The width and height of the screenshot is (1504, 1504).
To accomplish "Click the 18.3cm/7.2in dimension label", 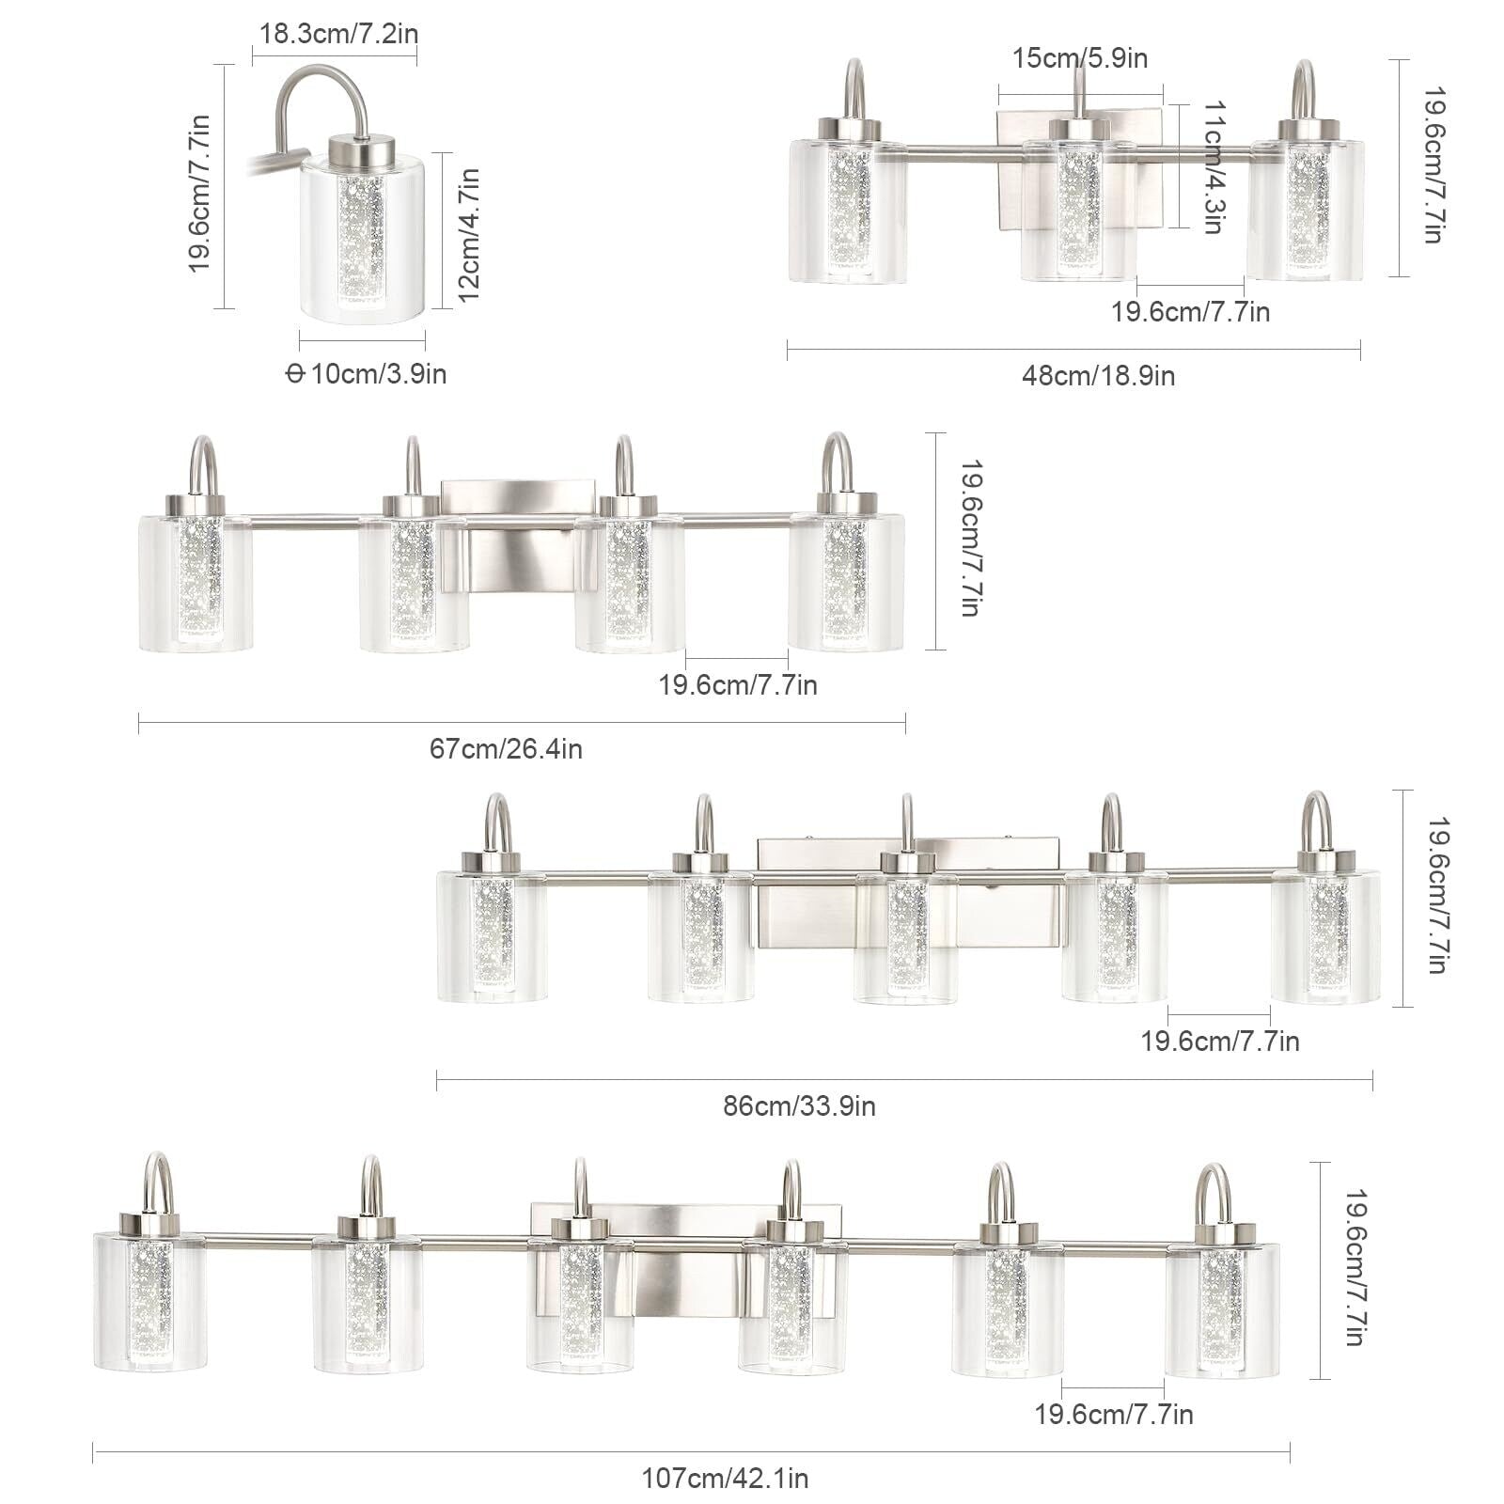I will [338, 34].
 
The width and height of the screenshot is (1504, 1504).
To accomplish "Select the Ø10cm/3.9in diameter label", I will [367, 374].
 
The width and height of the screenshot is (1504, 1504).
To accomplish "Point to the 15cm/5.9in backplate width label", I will [1080, 58].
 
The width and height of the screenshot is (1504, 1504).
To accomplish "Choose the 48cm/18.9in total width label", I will [1098, 376].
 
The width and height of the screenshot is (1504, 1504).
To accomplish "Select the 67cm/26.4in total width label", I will [506, 749].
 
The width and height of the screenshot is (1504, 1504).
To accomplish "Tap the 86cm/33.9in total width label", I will [799, 1106].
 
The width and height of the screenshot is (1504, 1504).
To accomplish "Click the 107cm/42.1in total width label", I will [724, 1479].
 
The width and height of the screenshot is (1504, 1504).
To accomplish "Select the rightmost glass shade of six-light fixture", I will [1222, 1311].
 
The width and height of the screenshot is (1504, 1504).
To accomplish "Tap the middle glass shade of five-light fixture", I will [904, 940].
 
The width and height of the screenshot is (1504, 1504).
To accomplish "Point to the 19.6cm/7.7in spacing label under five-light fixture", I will [1219, 1042].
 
